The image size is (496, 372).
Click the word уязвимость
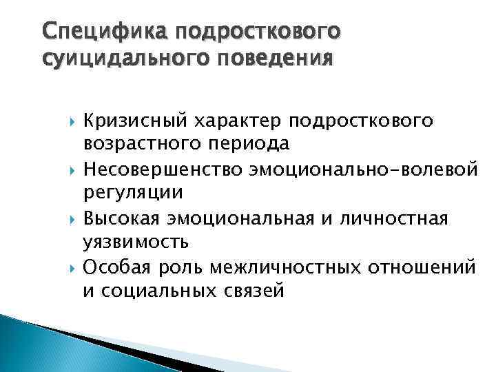coord(136,241)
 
